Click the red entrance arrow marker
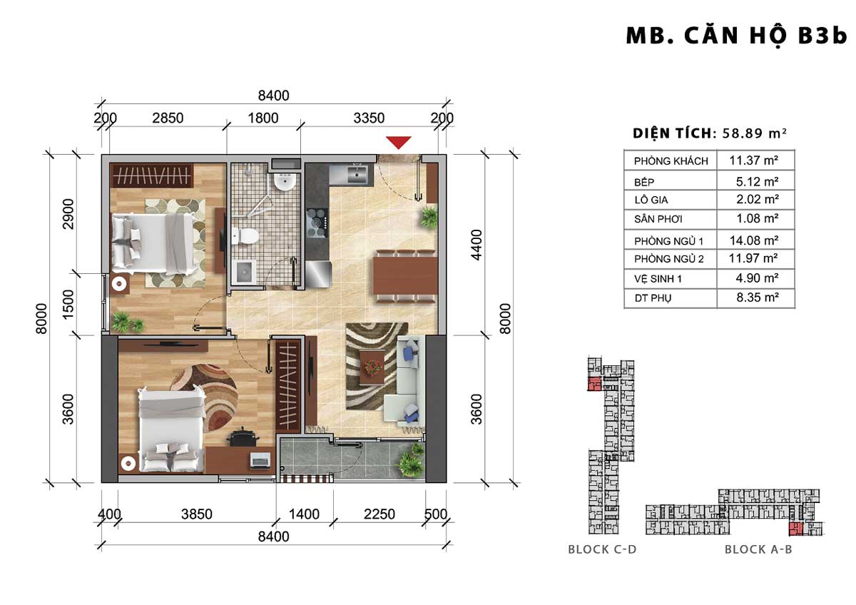point(399,142)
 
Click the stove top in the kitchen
point(317,223)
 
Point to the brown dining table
point(405,275)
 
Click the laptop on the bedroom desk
point(260,460)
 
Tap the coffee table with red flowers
point(372,367)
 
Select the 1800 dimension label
point(263,118)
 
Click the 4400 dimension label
point(477,245)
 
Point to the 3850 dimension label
point(196,514)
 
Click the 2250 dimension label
point(379,514)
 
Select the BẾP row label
point(644,183)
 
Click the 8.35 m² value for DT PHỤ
point(758,297)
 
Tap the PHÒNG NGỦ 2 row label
point(669,259)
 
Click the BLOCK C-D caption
point(602,549)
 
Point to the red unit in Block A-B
point(796,529)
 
